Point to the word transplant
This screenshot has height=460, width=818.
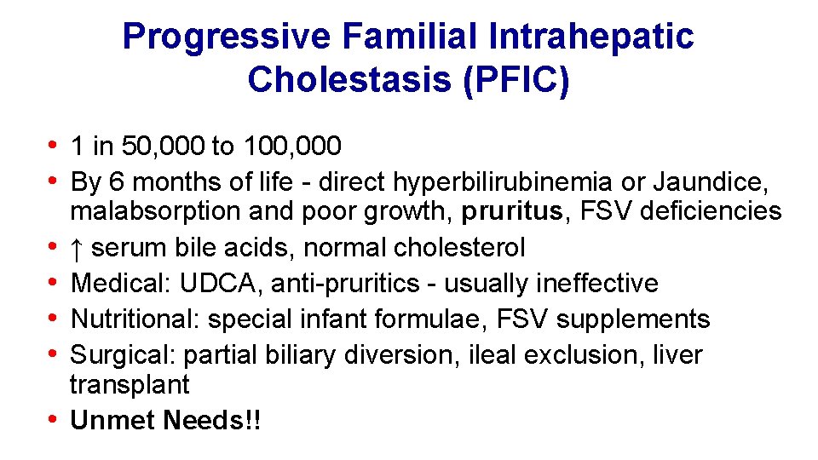(130, 384)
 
